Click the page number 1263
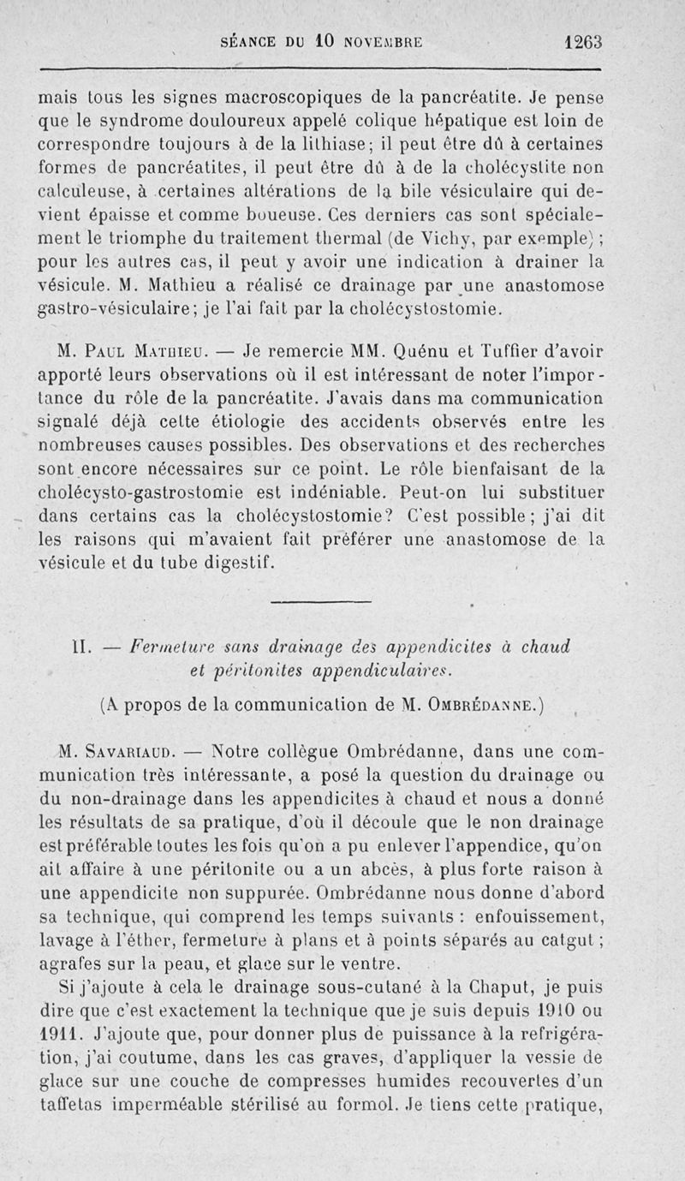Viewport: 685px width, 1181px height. pos(585,40)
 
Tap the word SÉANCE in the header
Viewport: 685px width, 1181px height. pos(251,41)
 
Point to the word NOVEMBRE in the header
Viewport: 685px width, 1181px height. pos(384,41)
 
